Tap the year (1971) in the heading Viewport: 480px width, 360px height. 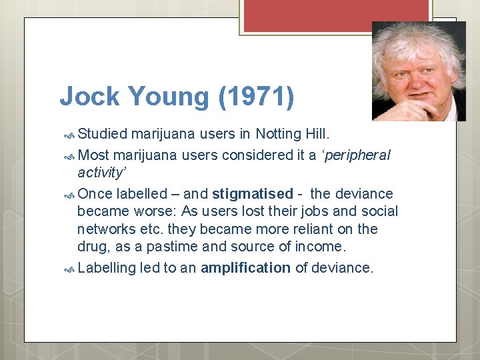tap(255, 97)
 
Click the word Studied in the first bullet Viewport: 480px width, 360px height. tap(102, 133)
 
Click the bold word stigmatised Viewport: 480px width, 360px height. tap(253, 194)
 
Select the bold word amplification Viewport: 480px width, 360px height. tap(245, 268)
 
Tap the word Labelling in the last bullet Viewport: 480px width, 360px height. tap(106, 268)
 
